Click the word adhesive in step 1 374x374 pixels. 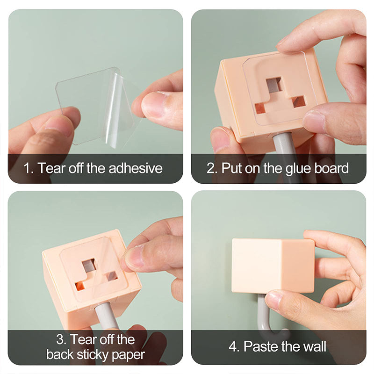pyautogui.click(x=136, y=168)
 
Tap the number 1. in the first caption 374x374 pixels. pyautogui.click(x=29, y=168)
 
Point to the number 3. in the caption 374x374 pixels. pyautogui.click(x=62, y=339)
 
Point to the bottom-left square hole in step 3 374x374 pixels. pyautogui.click(x=80, y=286)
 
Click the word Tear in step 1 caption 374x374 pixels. pyautogui.click(x=51, y=168)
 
